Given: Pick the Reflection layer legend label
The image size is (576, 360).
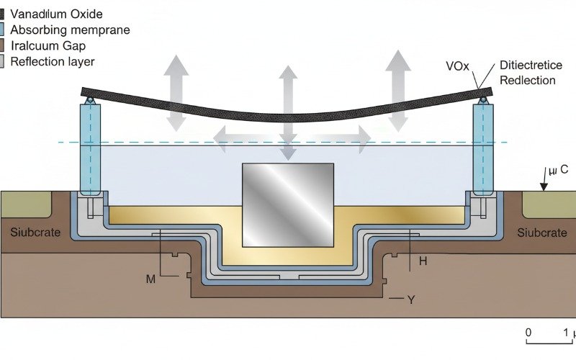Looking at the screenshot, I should [x=53, y=61].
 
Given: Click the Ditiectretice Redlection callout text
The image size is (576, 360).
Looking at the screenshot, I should [x=528, y=73].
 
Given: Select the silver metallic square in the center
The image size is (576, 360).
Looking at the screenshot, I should [x=287, y=204].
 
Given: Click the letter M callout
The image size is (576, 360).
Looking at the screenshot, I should [x=150, y=279].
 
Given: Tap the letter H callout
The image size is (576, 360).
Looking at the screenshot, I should [x=423, y=261].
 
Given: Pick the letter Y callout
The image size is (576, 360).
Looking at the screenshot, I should [x=410, y=300].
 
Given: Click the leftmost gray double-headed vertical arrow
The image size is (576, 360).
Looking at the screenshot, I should [x=175, y=86].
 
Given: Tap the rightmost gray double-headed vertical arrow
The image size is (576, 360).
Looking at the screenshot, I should [x=397, y=79].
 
